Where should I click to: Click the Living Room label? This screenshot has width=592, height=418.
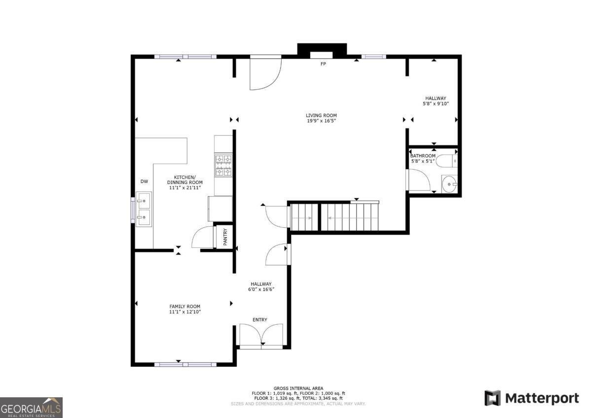click(321, 115)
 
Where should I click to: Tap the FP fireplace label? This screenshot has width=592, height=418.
click(323, 64)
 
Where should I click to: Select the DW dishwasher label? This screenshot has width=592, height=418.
click(144, 182)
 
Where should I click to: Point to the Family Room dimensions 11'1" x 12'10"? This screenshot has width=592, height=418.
click(185, 312)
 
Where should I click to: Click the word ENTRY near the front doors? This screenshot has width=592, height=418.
click(260, 320)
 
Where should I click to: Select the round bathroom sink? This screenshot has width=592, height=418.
click(449, 185)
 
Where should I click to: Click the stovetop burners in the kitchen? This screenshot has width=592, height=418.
click(223, 165)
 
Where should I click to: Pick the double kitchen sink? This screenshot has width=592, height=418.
click(145, 209)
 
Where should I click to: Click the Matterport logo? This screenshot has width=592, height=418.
click(531, 398)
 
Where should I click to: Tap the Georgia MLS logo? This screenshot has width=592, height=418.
click(31, 408)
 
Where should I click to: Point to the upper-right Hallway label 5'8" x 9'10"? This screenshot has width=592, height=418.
click(436, 101)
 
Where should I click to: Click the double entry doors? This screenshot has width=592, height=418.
click(261, 336)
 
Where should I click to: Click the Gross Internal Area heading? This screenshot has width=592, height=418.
click(298, 388)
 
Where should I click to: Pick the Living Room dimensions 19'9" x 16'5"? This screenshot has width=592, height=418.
click(321, 121)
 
